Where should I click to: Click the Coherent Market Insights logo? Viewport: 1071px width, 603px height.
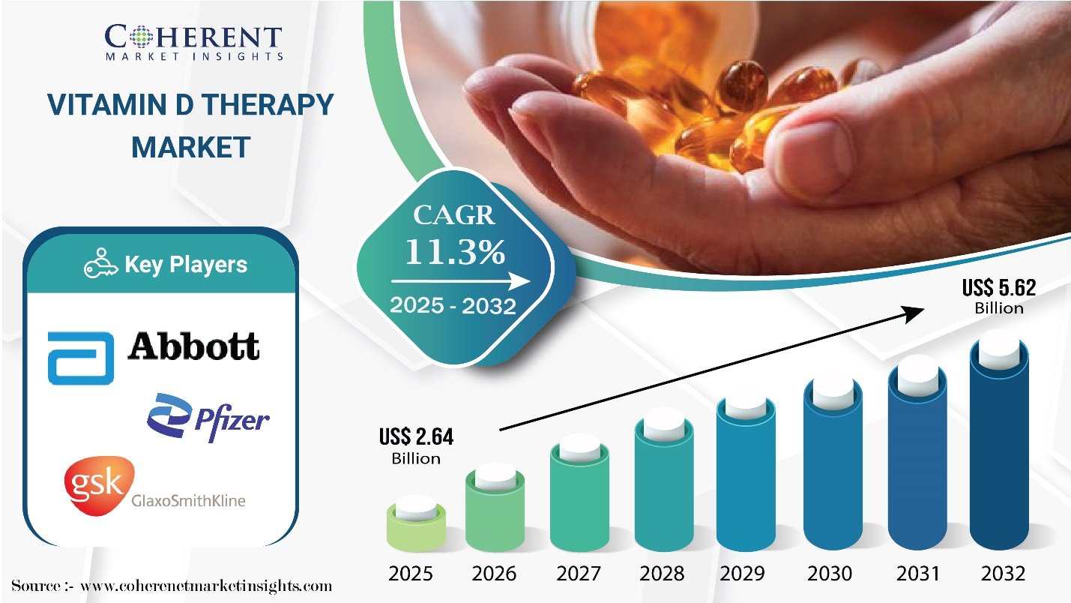193,41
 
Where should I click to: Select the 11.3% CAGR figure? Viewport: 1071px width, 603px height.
455,253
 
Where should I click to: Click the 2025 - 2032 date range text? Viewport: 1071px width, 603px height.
453,306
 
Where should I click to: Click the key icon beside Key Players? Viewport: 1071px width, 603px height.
100,265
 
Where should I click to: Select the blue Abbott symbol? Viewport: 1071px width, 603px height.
80,357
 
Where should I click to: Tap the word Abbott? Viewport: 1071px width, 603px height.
194,346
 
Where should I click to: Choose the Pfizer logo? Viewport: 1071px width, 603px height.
208,415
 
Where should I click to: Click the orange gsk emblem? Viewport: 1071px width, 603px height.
95,485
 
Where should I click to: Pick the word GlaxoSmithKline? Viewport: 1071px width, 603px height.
189,500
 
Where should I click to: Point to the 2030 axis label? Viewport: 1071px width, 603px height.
830,574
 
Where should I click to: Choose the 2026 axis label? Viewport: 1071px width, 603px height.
494,574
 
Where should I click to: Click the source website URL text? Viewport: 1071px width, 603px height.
205,585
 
